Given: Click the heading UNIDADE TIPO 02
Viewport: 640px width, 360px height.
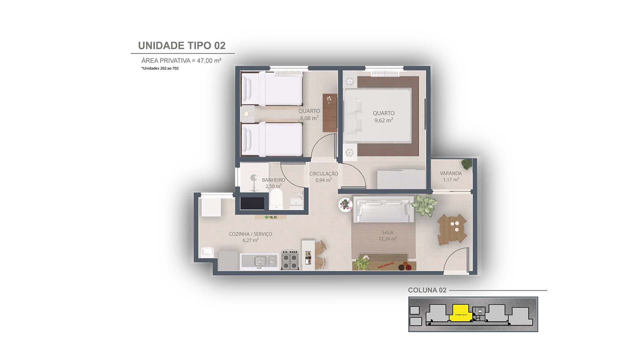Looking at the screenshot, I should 182,46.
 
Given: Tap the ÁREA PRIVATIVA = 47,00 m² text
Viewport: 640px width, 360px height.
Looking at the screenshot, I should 181,61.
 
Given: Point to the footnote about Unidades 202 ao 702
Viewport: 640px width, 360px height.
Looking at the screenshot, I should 160,68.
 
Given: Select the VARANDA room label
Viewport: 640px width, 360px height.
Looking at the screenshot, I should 451,173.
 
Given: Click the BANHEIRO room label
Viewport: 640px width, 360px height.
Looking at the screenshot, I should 273,180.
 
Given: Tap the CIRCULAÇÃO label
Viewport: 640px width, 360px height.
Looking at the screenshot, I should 323,174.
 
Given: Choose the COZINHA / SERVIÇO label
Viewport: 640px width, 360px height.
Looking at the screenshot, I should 250,234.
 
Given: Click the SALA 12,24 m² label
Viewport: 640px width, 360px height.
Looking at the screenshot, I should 387,235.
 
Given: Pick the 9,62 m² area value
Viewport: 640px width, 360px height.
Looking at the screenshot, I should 383,121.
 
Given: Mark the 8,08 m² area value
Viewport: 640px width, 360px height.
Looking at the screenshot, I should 309,118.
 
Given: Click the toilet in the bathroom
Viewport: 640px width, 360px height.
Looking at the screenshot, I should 276,199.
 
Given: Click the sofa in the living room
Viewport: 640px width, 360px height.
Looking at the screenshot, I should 383,209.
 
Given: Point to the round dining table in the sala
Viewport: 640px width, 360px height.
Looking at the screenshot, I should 452,229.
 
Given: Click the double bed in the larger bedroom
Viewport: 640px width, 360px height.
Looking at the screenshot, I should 377,115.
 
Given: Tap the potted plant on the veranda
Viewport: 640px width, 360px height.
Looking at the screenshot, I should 466,163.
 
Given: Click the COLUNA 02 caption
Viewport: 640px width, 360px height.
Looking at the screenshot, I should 427,290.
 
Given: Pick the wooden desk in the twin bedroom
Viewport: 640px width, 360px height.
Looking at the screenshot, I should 329,113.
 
